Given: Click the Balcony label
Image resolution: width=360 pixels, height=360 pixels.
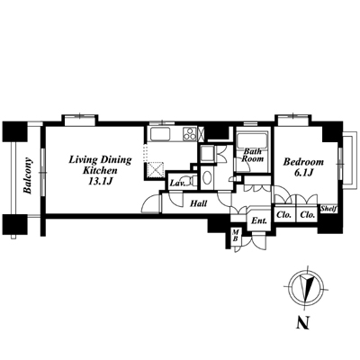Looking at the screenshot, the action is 28,175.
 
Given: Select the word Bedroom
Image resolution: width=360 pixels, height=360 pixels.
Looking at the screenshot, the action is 303,162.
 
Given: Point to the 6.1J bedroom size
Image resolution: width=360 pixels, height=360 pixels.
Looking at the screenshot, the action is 305,173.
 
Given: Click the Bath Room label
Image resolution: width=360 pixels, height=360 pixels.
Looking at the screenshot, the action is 253,155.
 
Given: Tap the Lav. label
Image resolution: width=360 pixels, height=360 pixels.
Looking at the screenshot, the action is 177,183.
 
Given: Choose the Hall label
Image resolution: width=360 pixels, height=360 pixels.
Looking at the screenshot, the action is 199,203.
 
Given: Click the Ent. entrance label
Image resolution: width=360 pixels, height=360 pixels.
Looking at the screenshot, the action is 259,221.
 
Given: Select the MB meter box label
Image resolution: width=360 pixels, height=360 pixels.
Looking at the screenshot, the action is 236,235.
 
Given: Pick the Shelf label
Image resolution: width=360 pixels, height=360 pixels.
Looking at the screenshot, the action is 328,209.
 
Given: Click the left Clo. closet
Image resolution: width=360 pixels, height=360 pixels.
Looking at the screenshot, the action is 284,215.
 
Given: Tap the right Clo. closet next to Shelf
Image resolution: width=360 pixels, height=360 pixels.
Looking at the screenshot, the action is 308,215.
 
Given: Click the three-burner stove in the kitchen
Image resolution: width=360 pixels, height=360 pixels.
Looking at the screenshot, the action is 190,133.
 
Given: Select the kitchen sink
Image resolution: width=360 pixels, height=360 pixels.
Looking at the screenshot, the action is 160,133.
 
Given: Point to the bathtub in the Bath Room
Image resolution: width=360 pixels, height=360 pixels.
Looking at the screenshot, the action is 253,140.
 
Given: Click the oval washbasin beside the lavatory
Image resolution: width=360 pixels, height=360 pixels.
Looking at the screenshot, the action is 207,178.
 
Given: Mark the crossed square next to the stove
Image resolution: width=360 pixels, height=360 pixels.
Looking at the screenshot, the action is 201,134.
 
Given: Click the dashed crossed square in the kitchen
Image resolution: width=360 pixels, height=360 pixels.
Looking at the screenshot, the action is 157,170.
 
